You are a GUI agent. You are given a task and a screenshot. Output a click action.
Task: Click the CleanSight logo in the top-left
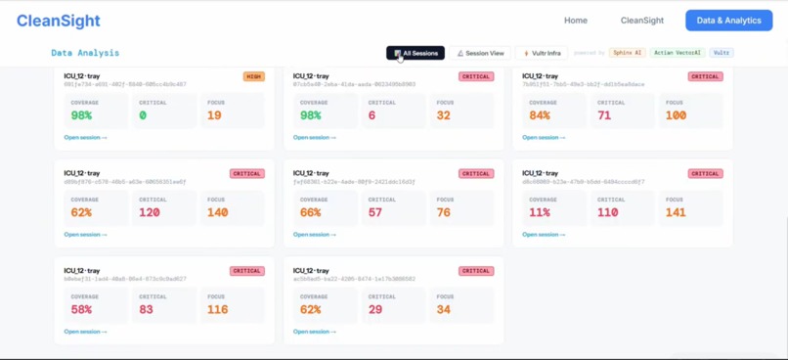(58, 20)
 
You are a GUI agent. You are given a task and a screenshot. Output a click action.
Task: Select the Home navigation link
(576, 20)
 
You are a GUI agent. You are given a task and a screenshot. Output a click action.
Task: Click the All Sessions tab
(416, 53)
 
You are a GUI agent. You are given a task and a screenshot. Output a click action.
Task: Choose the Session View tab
(480, 53)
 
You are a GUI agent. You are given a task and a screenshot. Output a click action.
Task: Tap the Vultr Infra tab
(542, 53)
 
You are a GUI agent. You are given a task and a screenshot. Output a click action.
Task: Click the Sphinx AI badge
(626, 53)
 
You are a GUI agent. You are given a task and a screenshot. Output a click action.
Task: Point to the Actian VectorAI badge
(678, 53)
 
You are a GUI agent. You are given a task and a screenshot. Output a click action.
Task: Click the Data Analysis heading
(85, 53)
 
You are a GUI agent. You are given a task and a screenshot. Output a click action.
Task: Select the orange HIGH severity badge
(254, 76)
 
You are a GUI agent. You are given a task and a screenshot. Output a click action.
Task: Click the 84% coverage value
(540, 115)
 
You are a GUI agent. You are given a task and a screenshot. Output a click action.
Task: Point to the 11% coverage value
(540, 212)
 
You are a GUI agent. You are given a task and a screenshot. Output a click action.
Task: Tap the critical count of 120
(150, 212)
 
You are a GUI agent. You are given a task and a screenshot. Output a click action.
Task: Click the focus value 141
(676, 212)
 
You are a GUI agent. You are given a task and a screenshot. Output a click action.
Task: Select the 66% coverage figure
(311, 212)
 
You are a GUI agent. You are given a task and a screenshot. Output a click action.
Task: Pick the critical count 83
(147, 309)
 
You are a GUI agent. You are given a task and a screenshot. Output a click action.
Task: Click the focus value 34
(444, 309)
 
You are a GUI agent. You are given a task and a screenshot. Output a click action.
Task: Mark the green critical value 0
(143, 115)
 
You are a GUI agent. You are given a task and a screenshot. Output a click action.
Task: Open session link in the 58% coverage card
(86, 332)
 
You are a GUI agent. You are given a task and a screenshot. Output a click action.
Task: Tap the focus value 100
(676, 115)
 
